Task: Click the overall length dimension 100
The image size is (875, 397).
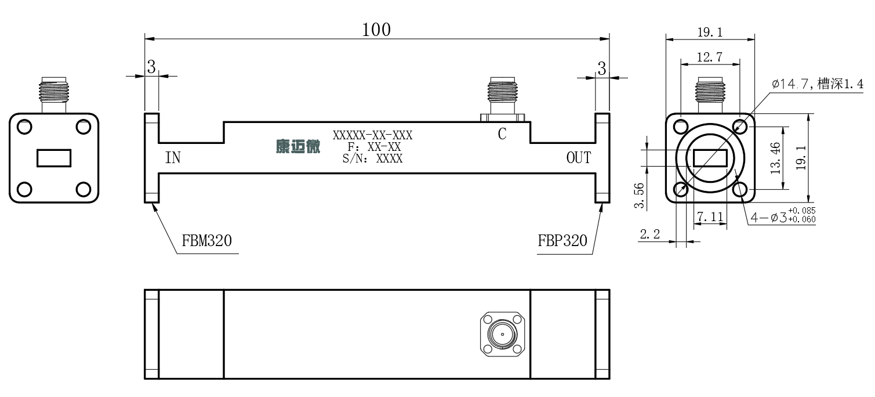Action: [x=376, y=30]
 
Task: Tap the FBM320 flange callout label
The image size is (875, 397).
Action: [x=206, y=240]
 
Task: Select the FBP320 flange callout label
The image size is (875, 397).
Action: [x=562, y=240]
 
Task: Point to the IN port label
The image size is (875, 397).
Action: [x=173, y=158]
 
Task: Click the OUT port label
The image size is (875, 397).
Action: [x=579, y=158]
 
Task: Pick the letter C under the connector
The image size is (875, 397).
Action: [x=502, y=134]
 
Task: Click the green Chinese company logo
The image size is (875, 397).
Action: [x=298, y=147]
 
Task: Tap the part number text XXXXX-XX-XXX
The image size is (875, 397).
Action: [x=372, y=135]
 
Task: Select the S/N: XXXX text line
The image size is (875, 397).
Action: [x=372, y=158]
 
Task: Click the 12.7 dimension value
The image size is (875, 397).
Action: [x=710, y=57]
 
